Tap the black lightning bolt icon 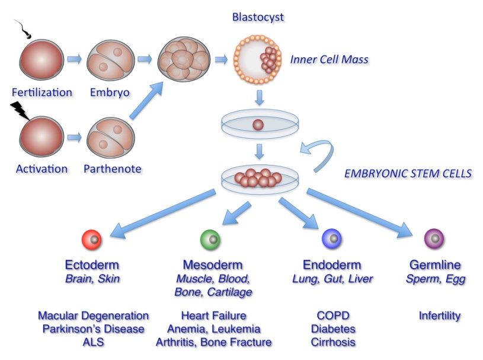[20, 111]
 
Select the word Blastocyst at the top [258, 17]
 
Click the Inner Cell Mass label [330, 59]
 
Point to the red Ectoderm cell [92, 239]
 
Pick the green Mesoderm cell [210, 239]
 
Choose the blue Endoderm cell [331, 238]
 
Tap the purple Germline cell [434, 238]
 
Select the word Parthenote [113, 169]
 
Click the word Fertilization [42, 93]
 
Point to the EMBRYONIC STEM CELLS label [408, 174]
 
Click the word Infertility [440, 316]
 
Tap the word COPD [333, 316]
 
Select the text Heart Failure [213, 316]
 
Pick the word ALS [93, 342]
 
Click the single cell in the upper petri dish [258, 125]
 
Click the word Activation [42, 169]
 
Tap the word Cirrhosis [333, 342]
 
